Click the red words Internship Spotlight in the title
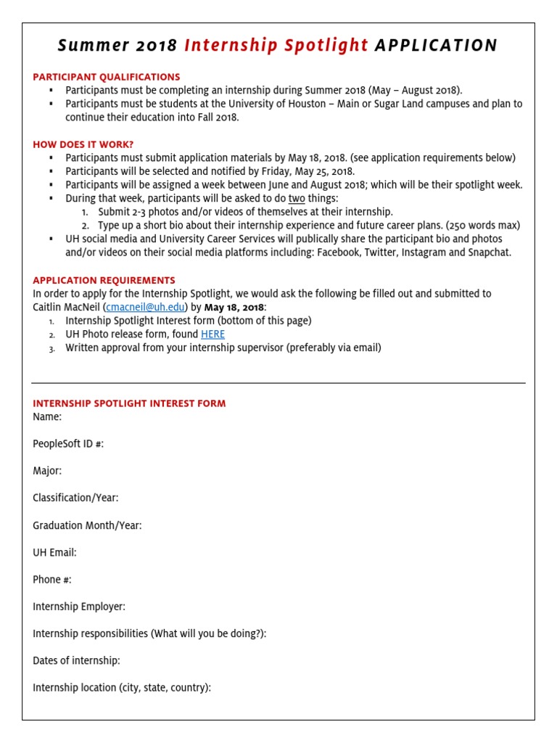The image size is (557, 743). pyautogui.click(x=276, y=46)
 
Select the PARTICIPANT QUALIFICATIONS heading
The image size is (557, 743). pyautogui.click(x=107, y=77)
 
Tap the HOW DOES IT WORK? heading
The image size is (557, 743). pyautogui.click(x=83, y=144)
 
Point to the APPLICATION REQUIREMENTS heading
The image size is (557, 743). pyautogui.click(x=104, y=280)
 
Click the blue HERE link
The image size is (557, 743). pyautogui.click(x=213, y=334)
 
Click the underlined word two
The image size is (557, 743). pyautogui.click(x=297, y=198)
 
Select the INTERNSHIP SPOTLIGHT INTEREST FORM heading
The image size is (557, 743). pyautogui.click(x=129, y=403)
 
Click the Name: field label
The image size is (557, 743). pyautogui.click(x=47, y=416)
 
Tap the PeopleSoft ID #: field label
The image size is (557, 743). pyautogui.click(x=68, y=443)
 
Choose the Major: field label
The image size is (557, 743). pyautogui.click(x=47, y=471)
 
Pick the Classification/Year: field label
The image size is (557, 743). pyautogui.click(x=75, y=498)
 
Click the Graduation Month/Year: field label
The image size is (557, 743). pyautogui.click(x=87, y=525)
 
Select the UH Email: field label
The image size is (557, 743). pyautogui.click(x=54, y=552)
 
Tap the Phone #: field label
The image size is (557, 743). pyautogui.click(x=52, y=580)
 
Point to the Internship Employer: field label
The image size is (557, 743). pyautogui.click(x=79, y=607)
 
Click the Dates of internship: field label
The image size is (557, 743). pyautogui.click(x=76, y=660)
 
